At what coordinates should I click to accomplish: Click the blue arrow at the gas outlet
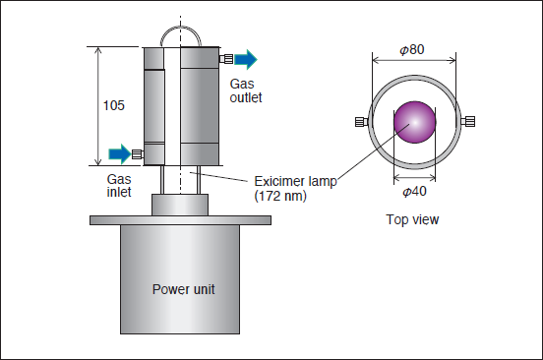coord(246,59)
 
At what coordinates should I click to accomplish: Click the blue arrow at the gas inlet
coord(120,153)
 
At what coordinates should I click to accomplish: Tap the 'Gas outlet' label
coord(246,90)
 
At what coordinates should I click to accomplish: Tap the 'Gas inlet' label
coord(119,186)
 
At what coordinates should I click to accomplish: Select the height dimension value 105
coord(113,105)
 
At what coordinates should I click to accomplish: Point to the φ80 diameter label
coord(412,49)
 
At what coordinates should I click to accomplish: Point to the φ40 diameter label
coord(414,192)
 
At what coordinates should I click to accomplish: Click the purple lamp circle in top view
coord(414,122)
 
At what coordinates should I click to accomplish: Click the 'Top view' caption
coord(412,219)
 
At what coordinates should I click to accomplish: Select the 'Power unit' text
coord(184,289)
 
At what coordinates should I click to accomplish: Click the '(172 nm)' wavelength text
coord(280,197)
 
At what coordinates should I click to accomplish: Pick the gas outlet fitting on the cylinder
coord(226,59)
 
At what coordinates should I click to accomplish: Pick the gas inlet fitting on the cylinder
coord(138,154)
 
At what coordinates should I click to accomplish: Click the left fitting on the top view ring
coord(362,122)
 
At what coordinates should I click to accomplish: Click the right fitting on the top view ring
coord(468,122)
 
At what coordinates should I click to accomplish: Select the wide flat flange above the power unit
coord(180,220)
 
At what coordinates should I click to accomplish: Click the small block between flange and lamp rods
coord(180,205)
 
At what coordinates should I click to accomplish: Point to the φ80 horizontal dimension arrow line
coord(414,61)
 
